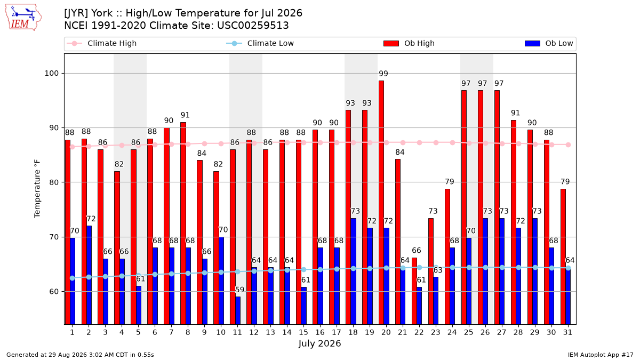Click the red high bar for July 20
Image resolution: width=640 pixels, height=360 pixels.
click(x=381, y=203)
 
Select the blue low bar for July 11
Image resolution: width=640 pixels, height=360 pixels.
click(x=238, y=310)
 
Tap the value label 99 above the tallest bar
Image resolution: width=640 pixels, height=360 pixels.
click(x=383, y=74)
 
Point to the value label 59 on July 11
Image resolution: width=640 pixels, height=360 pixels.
click(x=239, y=290)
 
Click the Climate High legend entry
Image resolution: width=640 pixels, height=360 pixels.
click(x=102, y=43)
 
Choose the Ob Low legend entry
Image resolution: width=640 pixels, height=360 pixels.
click(x=549, y=43)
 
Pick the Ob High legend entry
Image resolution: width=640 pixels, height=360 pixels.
click(x=409, y=43)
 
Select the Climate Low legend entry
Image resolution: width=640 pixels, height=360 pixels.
click(x=260, y=43)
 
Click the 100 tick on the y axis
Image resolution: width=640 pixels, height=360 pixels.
click(x=51, y=74)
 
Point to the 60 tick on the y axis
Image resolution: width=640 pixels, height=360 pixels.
click(x=54, y=292)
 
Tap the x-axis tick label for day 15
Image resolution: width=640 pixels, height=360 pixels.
click(x=303, y=332)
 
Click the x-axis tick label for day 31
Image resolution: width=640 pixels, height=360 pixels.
click(x=567, y=332)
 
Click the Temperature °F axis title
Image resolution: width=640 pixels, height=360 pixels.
click(x=37, y=189)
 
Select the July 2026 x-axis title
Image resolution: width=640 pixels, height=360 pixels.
click(x=319, y=343)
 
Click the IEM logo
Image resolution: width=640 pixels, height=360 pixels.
click(x=23, y=18)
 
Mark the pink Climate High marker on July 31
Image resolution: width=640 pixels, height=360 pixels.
click(x=569, y=145)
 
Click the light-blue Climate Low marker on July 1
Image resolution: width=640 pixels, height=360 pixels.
click(x=73, y=278)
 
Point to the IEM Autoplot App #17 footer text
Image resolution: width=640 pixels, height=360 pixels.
click(x=601, y=355)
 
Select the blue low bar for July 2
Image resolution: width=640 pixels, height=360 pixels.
click(x=89, y=275)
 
